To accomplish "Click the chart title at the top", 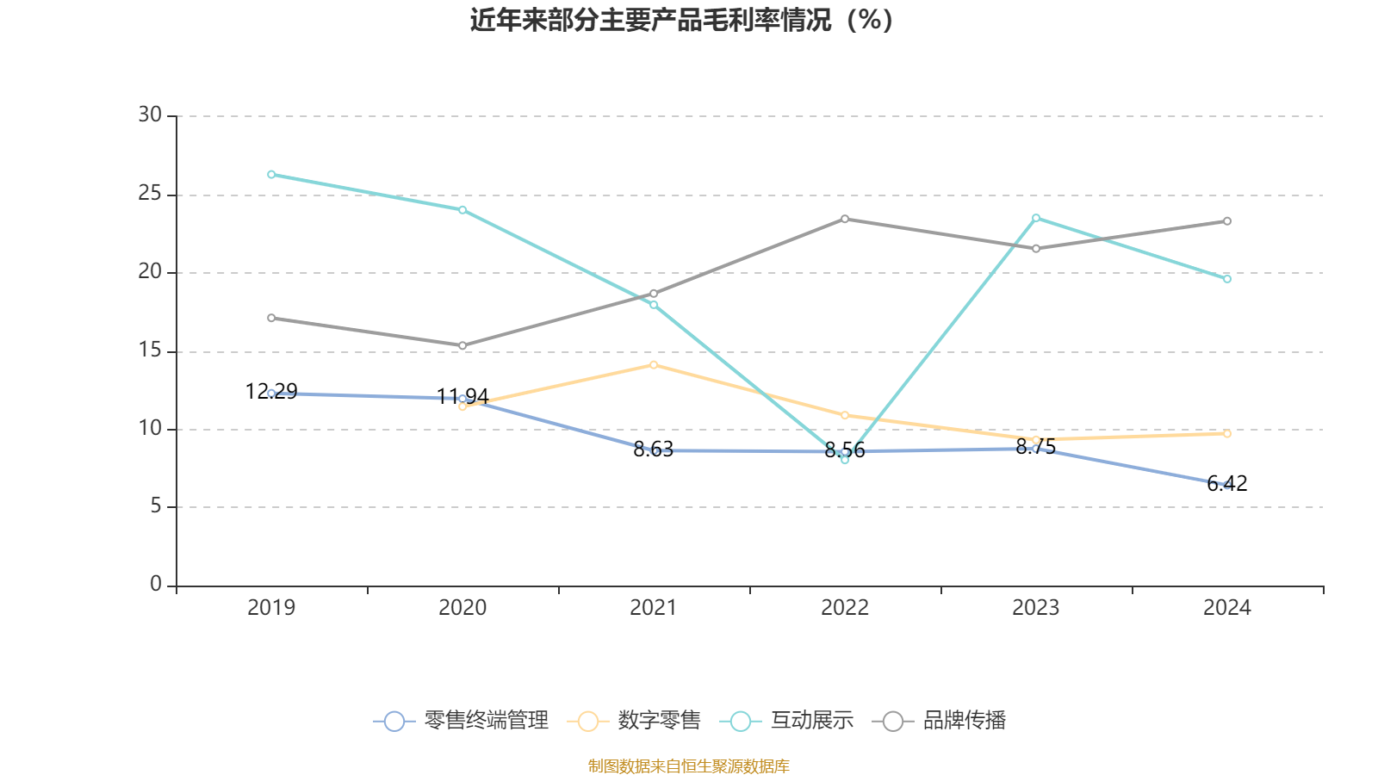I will (x=681, y=20).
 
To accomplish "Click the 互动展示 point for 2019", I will (x=271, y=175).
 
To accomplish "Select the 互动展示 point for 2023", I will (x=1036, y=218).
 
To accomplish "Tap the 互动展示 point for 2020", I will (x=462, y=210).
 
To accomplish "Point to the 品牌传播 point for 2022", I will (x=845, y=219).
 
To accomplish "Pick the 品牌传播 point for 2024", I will (x=1227, y=221).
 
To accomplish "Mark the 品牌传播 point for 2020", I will (x=462, y=345).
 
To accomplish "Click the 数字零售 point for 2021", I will (x=654, y=365).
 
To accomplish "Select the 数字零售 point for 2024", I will (x=1227, y=433).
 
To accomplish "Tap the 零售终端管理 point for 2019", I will (x=271, y=394).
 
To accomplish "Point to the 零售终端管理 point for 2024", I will (x=1227, y=486).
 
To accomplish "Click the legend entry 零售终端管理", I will (x=462, y=721).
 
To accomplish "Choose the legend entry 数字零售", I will (x=635, y=721).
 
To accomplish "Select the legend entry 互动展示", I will (x=787, y=721).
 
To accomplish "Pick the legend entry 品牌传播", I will (x=940, y=721).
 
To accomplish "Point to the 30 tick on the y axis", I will (x=150, y=115).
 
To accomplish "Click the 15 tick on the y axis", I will (x=150, y=350).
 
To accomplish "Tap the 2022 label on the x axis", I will (x=845, y=608).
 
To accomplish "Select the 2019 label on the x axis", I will (x=271, y=608).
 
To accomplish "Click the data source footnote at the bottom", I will (x=688, y=766).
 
